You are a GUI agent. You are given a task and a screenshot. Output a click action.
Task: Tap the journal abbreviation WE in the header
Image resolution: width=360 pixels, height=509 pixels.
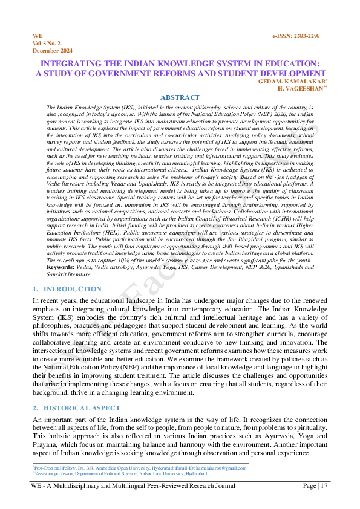37,37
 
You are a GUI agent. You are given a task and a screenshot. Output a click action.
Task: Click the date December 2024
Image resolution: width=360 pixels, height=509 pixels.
53,51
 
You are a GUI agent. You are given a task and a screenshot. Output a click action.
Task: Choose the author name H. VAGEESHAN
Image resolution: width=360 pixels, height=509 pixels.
300,88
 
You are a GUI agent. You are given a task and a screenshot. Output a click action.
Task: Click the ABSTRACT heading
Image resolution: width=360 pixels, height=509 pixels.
180,97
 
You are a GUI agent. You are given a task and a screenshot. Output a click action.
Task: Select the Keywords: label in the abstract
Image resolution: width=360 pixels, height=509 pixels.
61,267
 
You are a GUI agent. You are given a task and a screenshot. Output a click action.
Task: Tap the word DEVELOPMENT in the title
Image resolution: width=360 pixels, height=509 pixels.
283,73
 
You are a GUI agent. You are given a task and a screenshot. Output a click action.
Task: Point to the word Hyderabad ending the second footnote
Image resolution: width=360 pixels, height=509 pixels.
214,473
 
